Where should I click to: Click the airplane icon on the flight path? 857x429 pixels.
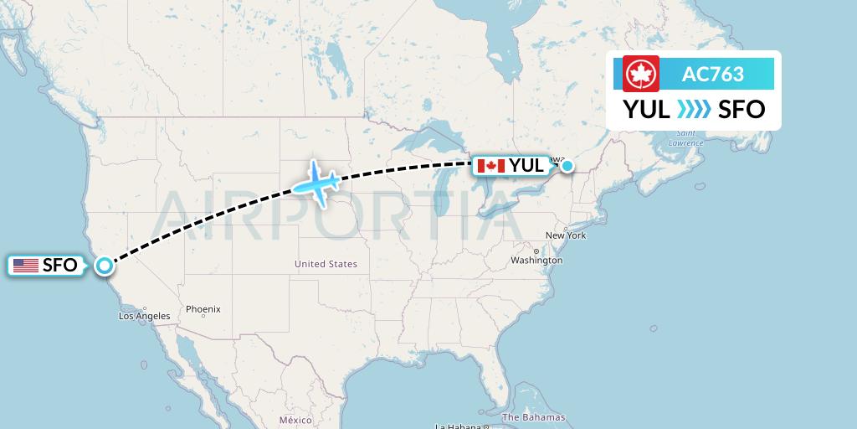click(x=315, y=180)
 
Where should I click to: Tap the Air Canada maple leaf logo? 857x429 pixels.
click(x=641, y=74)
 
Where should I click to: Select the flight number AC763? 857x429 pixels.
click(x=713, y=74)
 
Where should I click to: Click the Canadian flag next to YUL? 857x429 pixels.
click(x=490, y=166)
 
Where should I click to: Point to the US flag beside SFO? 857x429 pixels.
click(x=26, y=266)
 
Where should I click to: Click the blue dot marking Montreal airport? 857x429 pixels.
click(x=567, y=166)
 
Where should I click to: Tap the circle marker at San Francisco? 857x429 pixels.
click(x=104, y=266)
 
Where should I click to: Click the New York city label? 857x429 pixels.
click(x=566, y=235)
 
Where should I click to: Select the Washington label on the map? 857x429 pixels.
click(x=536, y=261)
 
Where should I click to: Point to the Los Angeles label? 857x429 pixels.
click(x=144, y=316)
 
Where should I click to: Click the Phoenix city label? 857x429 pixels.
click(x=203, y=309)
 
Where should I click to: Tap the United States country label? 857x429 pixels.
click(x=326, y=264)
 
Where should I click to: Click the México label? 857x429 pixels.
click(x=295, y=420)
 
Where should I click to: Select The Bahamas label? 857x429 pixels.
click(x=533, y=417)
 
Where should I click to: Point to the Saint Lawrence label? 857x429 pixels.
click(x=687, y=138)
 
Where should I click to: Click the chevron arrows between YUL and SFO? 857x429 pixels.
click(x=694, y=110)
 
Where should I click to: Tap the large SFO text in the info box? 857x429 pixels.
click(x=742, y=110)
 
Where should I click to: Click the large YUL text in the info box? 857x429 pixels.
click(x=646, y=110)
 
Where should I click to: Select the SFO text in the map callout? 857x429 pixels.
click(x=60, y=266)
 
